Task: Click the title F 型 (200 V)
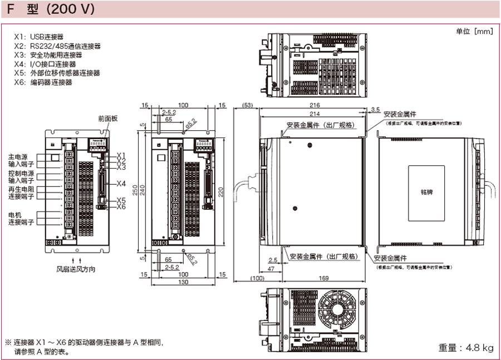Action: point(51,9)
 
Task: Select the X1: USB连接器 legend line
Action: point(39,37)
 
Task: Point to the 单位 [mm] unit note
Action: point(474,31)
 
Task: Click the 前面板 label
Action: point(107,119)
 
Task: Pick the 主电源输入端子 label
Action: point(21,161)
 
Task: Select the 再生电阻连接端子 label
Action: point(21,193)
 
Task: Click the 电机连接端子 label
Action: point(21,218)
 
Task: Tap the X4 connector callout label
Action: point(121,184)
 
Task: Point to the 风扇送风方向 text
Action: point(76,269)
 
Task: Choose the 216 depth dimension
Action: point(314,105)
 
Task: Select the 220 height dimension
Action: point(221,191)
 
